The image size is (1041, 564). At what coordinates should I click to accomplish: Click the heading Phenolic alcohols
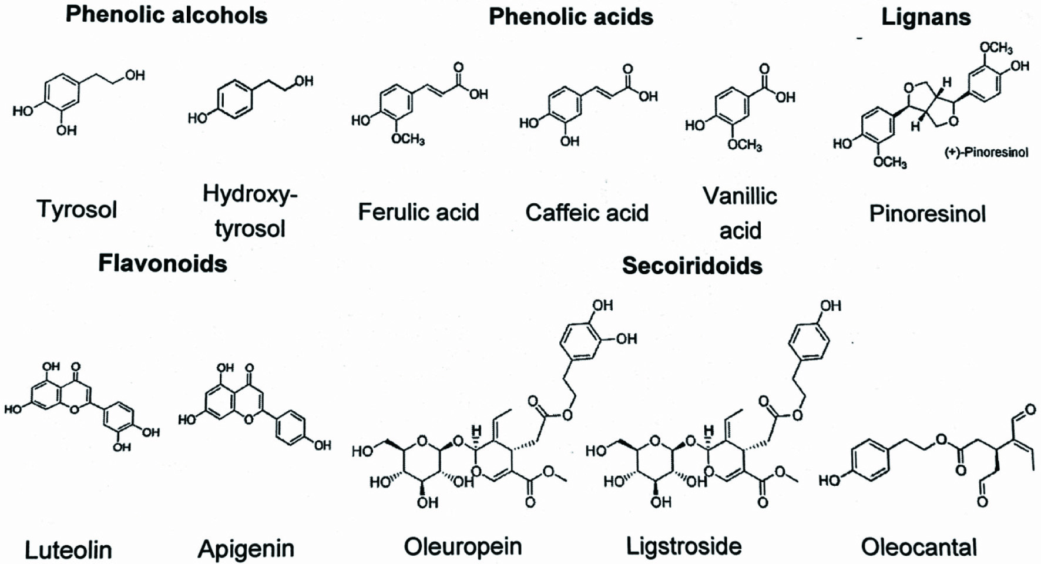pyautogui.click(x=166, y=15)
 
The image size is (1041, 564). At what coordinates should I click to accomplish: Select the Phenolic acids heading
pyautogui.click(x=570, y=17)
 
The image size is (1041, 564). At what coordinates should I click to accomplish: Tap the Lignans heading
pyautogui.click(x=926, y=17)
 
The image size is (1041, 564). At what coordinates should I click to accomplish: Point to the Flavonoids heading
pyautogui.click(x=163, y=263)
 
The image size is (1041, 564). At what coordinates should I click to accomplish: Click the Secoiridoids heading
pyautogui.click(x=692, y=266)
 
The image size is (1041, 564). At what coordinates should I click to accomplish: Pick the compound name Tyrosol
pyautogui.click(x=77, y=209)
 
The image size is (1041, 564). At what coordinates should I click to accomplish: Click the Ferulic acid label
pyautogui.click(x=418, y=212)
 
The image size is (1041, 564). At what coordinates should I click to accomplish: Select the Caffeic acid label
pyautogui.click(x=586, y=213)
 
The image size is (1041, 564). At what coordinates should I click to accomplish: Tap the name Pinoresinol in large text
pyautogui.click(x=927, y=214)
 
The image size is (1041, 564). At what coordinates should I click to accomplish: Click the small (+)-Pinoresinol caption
pyautogui.click(x=986, y=153)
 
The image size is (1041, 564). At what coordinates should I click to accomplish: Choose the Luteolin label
pyautogui.click(x=68, y=550)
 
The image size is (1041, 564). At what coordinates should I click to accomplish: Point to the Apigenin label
pyautogui.click(x=246, y=549)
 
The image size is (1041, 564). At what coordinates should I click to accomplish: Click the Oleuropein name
pyautogui.click(x=462, y=546)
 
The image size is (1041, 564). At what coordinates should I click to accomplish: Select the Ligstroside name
pyautogui.click(x=684, y=546)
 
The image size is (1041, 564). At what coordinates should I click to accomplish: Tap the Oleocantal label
pyautogui.click(x=919, y=548)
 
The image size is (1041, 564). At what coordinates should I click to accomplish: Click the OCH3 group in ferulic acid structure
pyautogui.click(x=408, y=139)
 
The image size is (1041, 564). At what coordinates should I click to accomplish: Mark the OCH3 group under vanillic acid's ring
pyautogui.click(x=744, y=145)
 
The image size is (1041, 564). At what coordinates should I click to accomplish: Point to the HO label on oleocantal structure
pyautogui.click(x=829, y=481)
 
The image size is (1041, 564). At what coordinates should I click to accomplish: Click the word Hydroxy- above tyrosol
pyautogui.click(x=250, y=193)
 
